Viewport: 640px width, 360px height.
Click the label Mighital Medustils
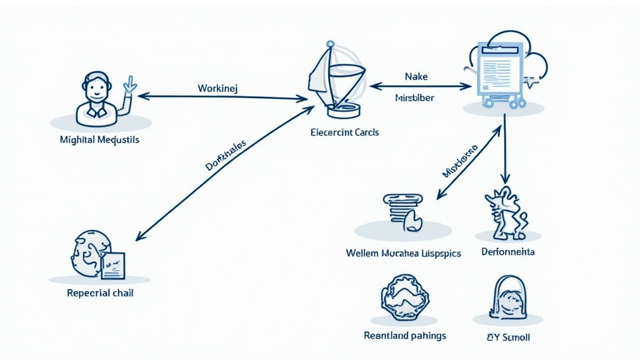click(x=101, y=139)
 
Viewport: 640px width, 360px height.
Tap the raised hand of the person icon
click(x=130, y=85)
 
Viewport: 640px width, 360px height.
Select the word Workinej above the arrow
click(x=217, y=88)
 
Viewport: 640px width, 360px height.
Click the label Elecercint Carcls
click(x=344, y=132)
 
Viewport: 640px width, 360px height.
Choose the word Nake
click(x=416, y=76)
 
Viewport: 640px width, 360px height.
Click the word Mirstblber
click(x=415, y=98)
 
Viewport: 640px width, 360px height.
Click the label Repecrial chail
click(x=100, y=292)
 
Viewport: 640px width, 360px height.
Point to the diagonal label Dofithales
click(x=226, y=156)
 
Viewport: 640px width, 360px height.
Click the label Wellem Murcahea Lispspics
click(x=403, y=253)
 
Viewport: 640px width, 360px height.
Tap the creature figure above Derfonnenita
click(x=505, y=213)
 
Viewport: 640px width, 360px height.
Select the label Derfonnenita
click(x=508, y=252)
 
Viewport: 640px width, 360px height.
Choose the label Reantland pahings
click(x=405, y=336)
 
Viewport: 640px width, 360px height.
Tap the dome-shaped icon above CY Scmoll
click(x=508, y=297)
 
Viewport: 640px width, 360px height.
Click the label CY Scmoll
click(x=507, y=337)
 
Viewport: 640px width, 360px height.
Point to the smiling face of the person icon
click(x=97, y=88)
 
